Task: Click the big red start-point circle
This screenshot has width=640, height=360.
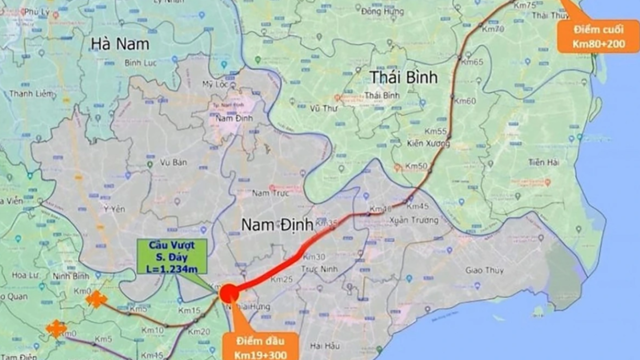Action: point(229,293)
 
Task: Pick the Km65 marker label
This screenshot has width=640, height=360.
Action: point(473,62)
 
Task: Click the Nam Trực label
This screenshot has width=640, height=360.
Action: point(269,192)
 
